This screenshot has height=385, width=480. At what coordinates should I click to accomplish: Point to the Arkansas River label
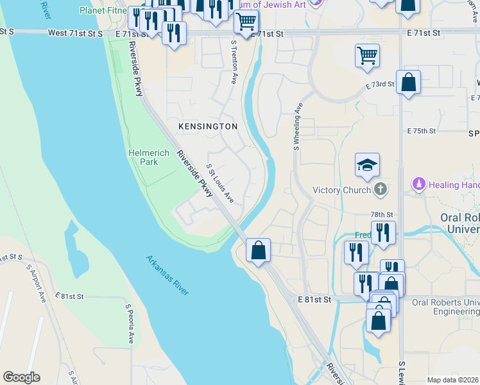click(167, 275)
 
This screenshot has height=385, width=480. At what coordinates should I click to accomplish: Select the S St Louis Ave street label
click(220, 184)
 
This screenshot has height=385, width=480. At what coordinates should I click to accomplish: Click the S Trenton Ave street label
click(234, 62)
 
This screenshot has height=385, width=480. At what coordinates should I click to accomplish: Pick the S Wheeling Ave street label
click(297, 125)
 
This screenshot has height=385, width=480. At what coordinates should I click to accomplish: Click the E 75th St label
click(422, 130)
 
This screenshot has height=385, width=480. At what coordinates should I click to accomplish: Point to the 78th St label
click(381, 214)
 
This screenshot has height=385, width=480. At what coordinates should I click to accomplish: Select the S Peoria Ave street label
click(130, 324)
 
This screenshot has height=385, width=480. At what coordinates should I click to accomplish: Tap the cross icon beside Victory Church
click(381, 189)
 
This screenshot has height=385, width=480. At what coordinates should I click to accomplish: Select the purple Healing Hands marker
click(419, 184)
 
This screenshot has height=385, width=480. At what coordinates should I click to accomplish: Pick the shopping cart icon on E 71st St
click(246, 21)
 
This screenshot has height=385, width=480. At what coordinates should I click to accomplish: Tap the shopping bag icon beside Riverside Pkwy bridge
click(258, 250)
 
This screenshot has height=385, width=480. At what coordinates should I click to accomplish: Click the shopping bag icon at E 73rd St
click(408, 82)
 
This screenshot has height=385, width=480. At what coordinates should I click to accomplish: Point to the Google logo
click(21, 377)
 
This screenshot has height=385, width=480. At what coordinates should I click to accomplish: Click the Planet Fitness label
click(103, 10)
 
